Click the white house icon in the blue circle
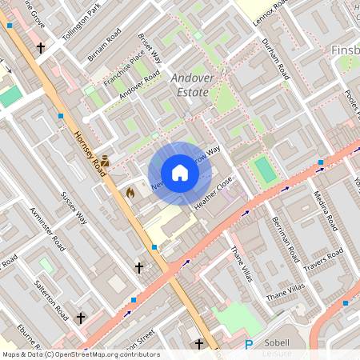[x=180, y=172]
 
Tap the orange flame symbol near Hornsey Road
[x=130, y=192]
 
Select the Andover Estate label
[x=190, y=85]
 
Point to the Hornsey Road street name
[x=90, y=152]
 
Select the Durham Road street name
[x=275, y=59]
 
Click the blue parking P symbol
[x=249, y=345]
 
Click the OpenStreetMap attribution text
[x=81, y=354]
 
